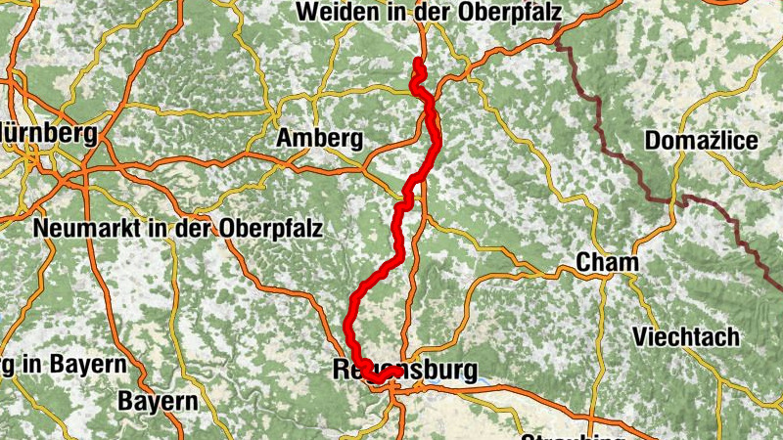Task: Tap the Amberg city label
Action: pyautogui.click(x=319, y=139)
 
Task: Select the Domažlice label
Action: pyautogui.click(x=702, y=142)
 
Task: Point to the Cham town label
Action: pyautogui.click(x=607, y=263)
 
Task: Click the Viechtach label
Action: pyautogui.click(x=686, y=337)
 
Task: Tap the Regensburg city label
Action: pyautogui.click(x=405, y=371)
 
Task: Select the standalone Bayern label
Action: pyautogui.click(x=158, y=401)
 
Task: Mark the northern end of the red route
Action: pyautogui.click(x=418, y=63)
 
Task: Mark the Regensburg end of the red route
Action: pyautogui.click(x=396, y=371)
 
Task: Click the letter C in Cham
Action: pyautogui.click(x=583, y=263)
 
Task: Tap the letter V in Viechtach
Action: pyautogui.click(x=640, y=337)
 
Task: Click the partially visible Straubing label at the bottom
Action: pyautogui.click(x=573, y=435)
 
